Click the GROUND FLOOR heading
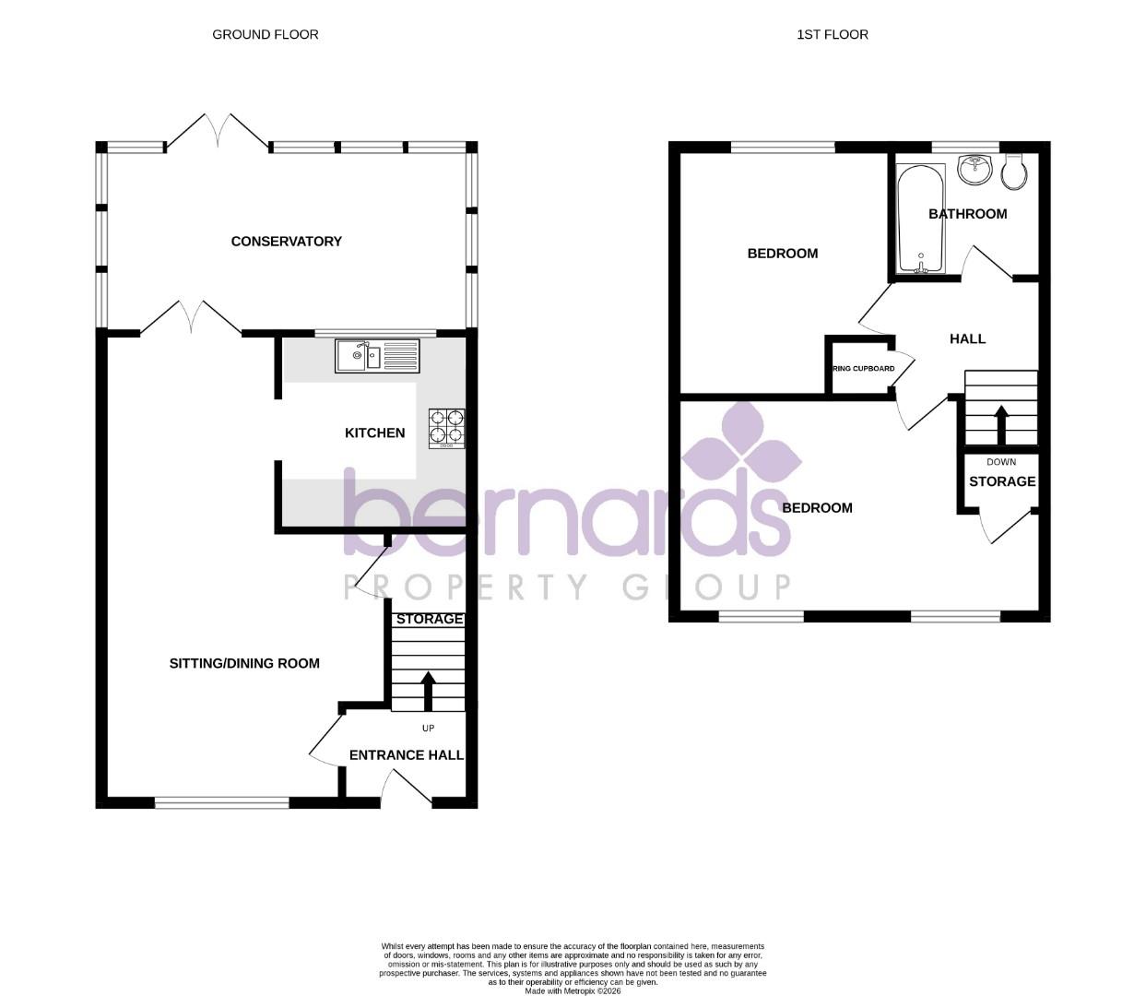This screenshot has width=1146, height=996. [266, 35]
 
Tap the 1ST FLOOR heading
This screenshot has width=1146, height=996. [833, 35]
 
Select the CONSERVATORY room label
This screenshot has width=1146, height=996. [286, 242]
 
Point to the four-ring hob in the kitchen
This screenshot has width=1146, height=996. [446, 429]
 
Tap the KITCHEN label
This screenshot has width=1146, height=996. [374, 433]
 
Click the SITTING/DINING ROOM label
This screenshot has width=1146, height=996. [244, 663]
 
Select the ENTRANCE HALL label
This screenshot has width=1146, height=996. [406, 755]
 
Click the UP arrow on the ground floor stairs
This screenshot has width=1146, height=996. [428, 690]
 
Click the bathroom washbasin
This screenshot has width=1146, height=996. [974, 169]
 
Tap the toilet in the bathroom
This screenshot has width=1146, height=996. [1013, 172]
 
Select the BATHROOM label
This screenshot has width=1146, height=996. [967, 214]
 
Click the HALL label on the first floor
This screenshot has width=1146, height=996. [967, 339]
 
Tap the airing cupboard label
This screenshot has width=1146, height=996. [863, 369]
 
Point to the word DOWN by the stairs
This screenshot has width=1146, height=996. [1001, 462]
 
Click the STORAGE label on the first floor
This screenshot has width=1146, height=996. [1002, 481]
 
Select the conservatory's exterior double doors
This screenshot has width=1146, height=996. [218, 132]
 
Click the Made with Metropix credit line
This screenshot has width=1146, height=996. [573, 991]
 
